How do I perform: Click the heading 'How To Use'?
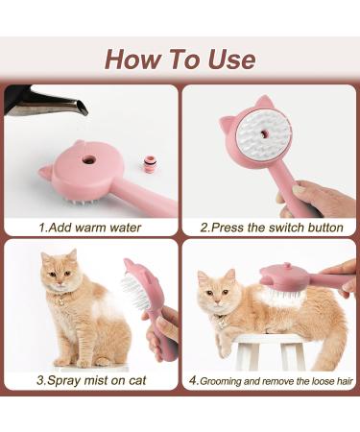click(180, 59)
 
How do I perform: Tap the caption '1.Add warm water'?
click(89, 228)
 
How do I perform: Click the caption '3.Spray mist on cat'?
click(89, 379)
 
